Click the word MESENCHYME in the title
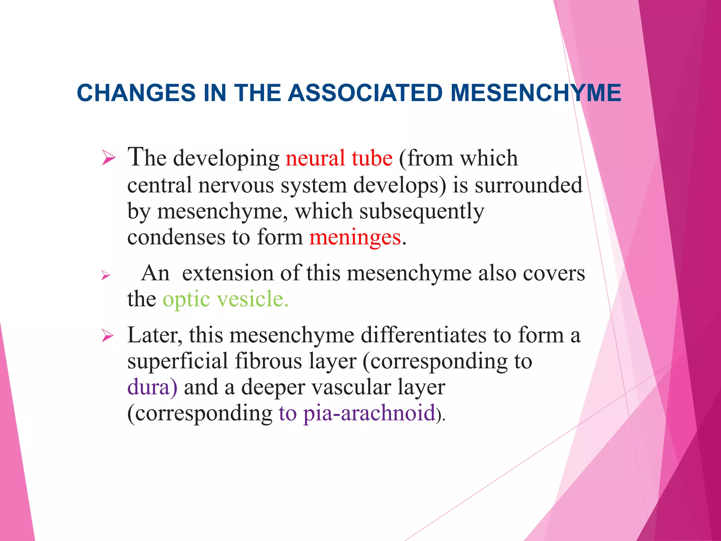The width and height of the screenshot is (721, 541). tap(536, 93)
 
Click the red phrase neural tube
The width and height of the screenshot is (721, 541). tap(339, 158)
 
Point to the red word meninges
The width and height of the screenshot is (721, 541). tap(355, 237)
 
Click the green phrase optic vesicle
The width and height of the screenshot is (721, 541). tap(225, 299)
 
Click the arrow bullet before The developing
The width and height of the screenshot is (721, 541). tap(108, 158)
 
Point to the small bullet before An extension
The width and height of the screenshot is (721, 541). tap(106, 275)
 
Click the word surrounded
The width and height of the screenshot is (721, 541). tap(528, 185)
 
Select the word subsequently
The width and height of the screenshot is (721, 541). tap(421, 212)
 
